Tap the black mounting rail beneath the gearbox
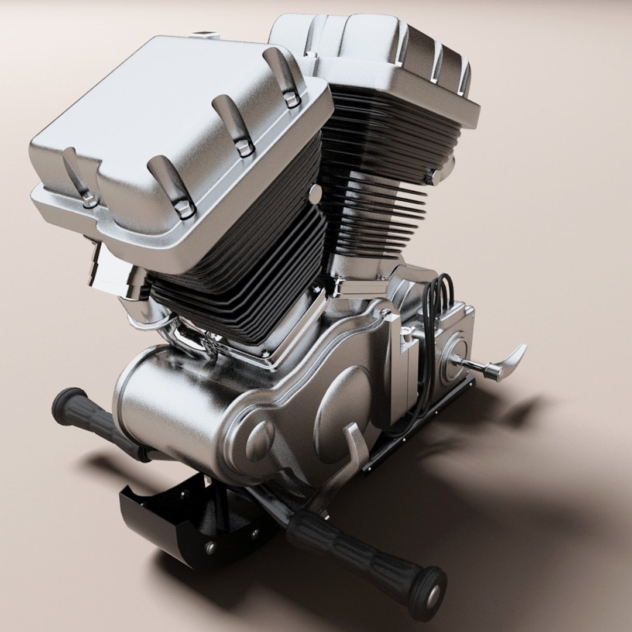click(421, 427)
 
